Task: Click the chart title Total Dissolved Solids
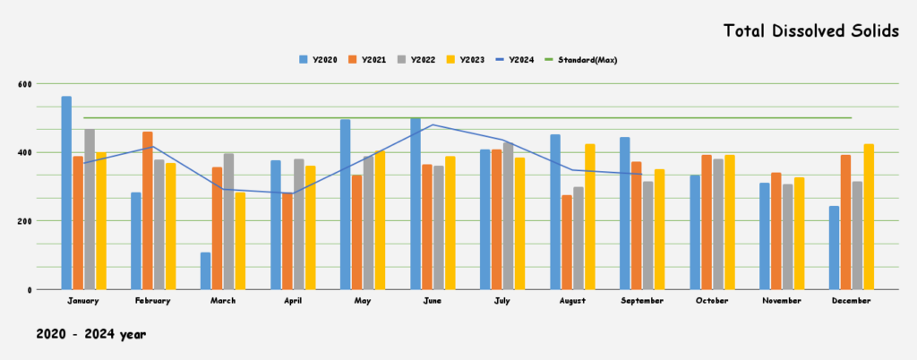pos(811,31)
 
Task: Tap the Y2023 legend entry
pos(467,60)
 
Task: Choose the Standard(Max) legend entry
pos(587,60)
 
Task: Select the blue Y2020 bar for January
pos(66,193)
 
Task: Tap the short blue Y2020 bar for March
pos(205,270)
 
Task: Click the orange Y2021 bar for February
pos(147,210)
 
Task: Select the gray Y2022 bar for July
pos(508,216)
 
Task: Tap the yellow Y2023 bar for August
pos(589,217)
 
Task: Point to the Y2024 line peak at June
pos(433,124)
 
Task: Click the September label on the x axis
pos(641,301)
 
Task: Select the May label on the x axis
pos(363,301)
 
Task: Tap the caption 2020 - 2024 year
pos(90,334)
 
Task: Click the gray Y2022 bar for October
pos(717,224)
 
